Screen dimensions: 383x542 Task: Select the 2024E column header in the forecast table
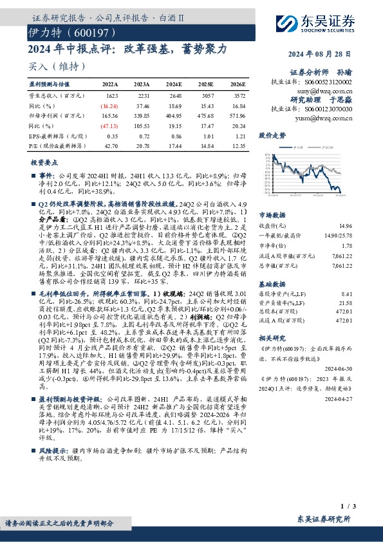point(173,84)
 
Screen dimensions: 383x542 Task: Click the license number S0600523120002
point(330,82)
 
